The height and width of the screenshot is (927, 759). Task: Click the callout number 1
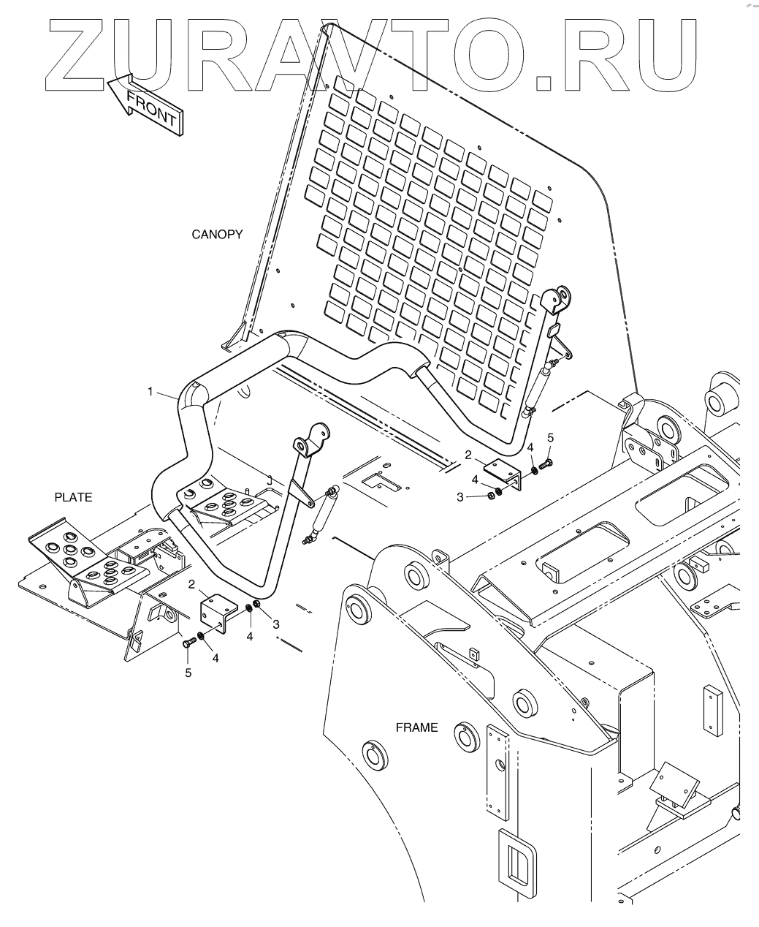point(150,392)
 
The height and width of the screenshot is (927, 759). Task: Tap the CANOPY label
point(217,235)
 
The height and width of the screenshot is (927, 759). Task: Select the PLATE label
point(73,497)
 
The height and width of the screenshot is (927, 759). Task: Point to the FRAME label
point(416,727)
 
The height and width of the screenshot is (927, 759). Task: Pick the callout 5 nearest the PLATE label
point(188,673)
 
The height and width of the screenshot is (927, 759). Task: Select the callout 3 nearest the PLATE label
point(275,624)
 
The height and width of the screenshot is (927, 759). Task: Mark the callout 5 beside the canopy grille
point(551,437)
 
